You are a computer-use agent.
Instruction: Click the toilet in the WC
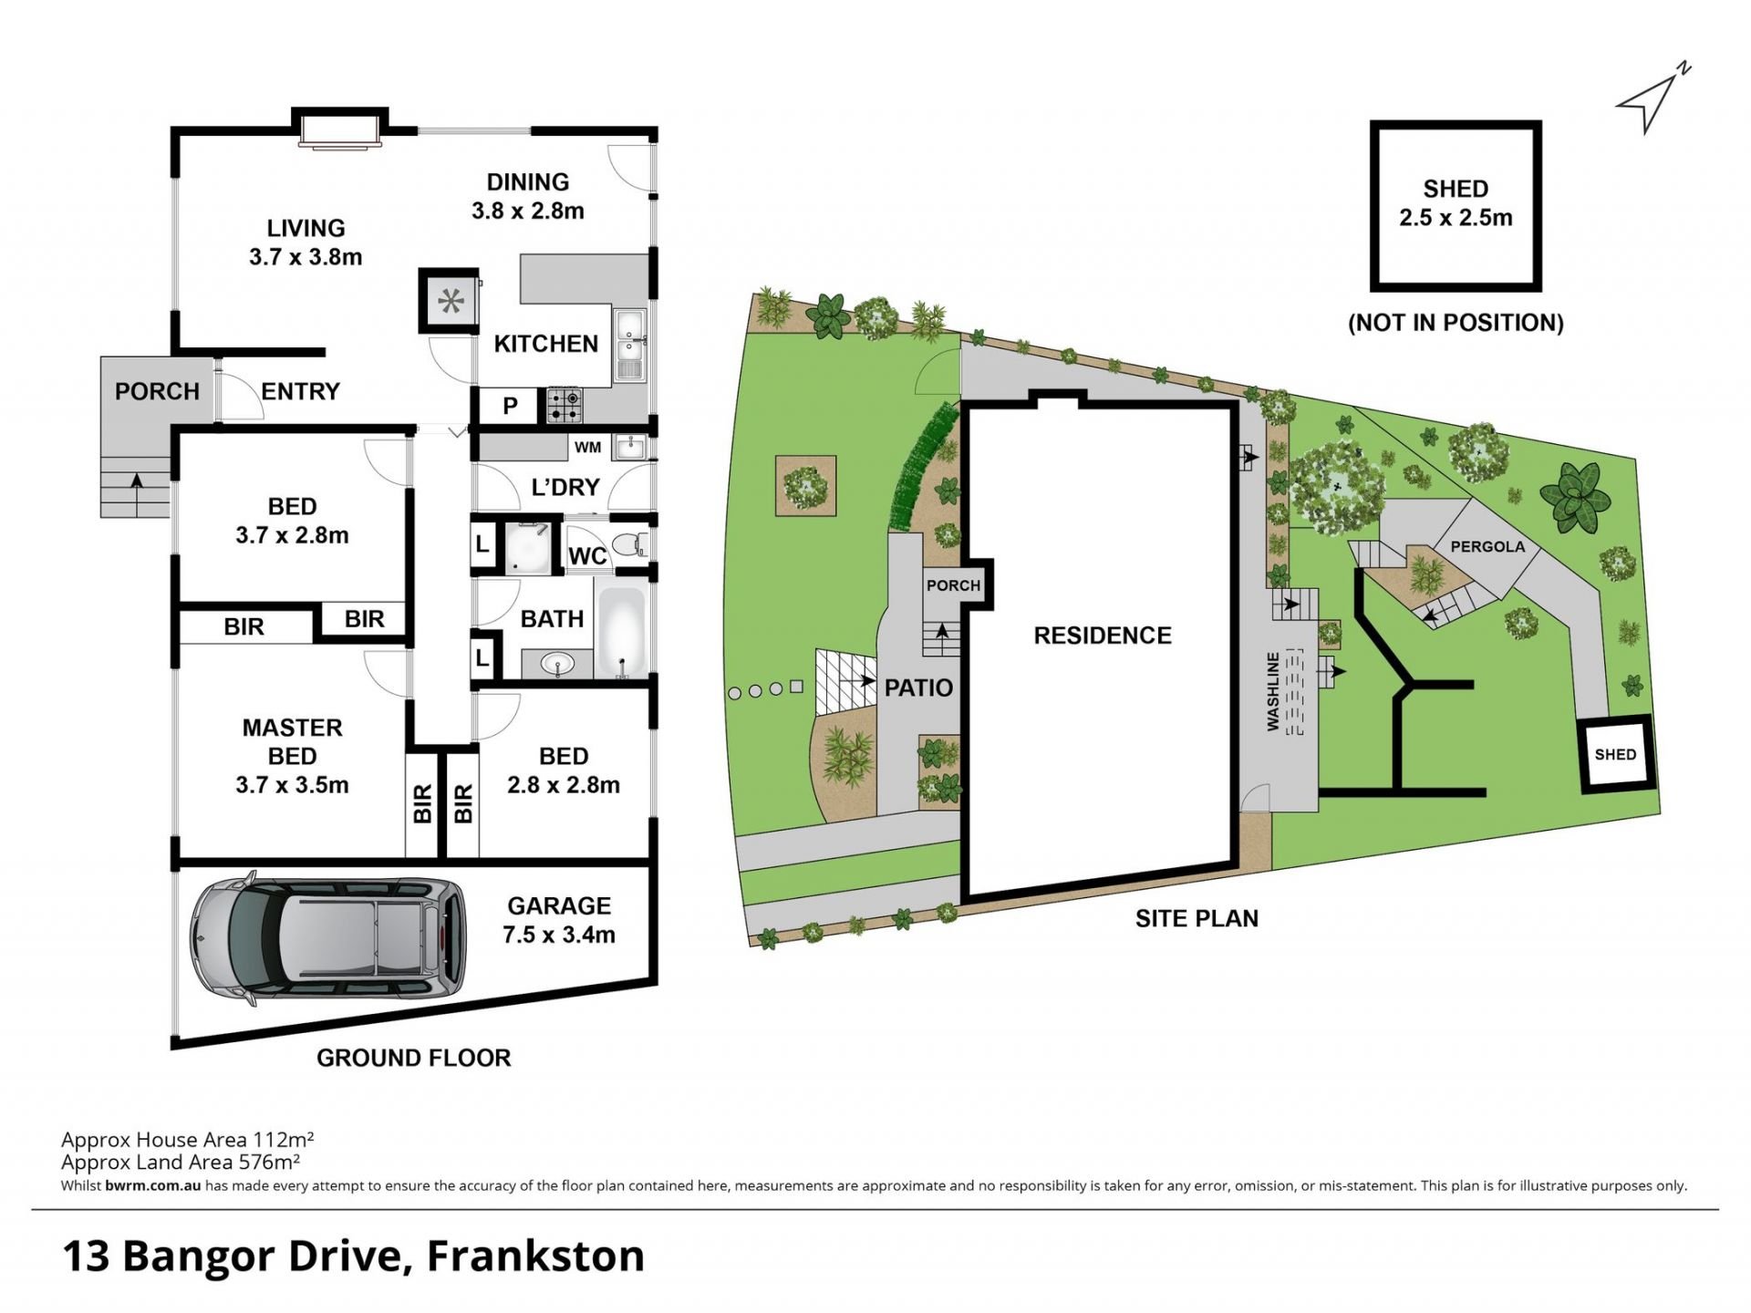point(629,545)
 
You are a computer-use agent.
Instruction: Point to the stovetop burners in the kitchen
point(565,406)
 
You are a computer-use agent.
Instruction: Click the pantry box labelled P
point(510,406)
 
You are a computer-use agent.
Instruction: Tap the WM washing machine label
point(587,447)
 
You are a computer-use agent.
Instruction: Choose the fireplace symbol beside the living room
point(450,300)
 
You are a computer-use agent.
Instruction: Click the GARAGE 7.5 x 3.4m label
point(559,920)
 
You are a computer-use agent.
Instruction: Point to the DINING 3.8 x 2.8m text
point(528,196)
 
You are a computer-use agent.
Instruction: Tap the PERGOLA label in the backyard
point(1487,547)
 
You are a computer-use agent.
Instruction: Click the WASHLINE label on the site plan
point(1273,691)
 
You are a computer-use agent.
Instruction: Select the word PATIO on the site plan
point(918,688)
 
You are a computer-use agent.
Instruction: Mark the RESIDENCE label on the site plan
point(1103,636)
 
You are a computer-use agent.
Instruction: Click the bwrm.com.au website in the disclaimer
point(153,1186)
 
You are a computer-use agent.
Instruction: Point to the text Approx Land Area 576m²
point(181,1162)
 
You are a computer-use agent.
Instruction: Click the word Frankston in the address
point(535,1256)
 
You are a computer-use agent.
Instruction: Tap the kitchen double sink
point(629,345)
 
